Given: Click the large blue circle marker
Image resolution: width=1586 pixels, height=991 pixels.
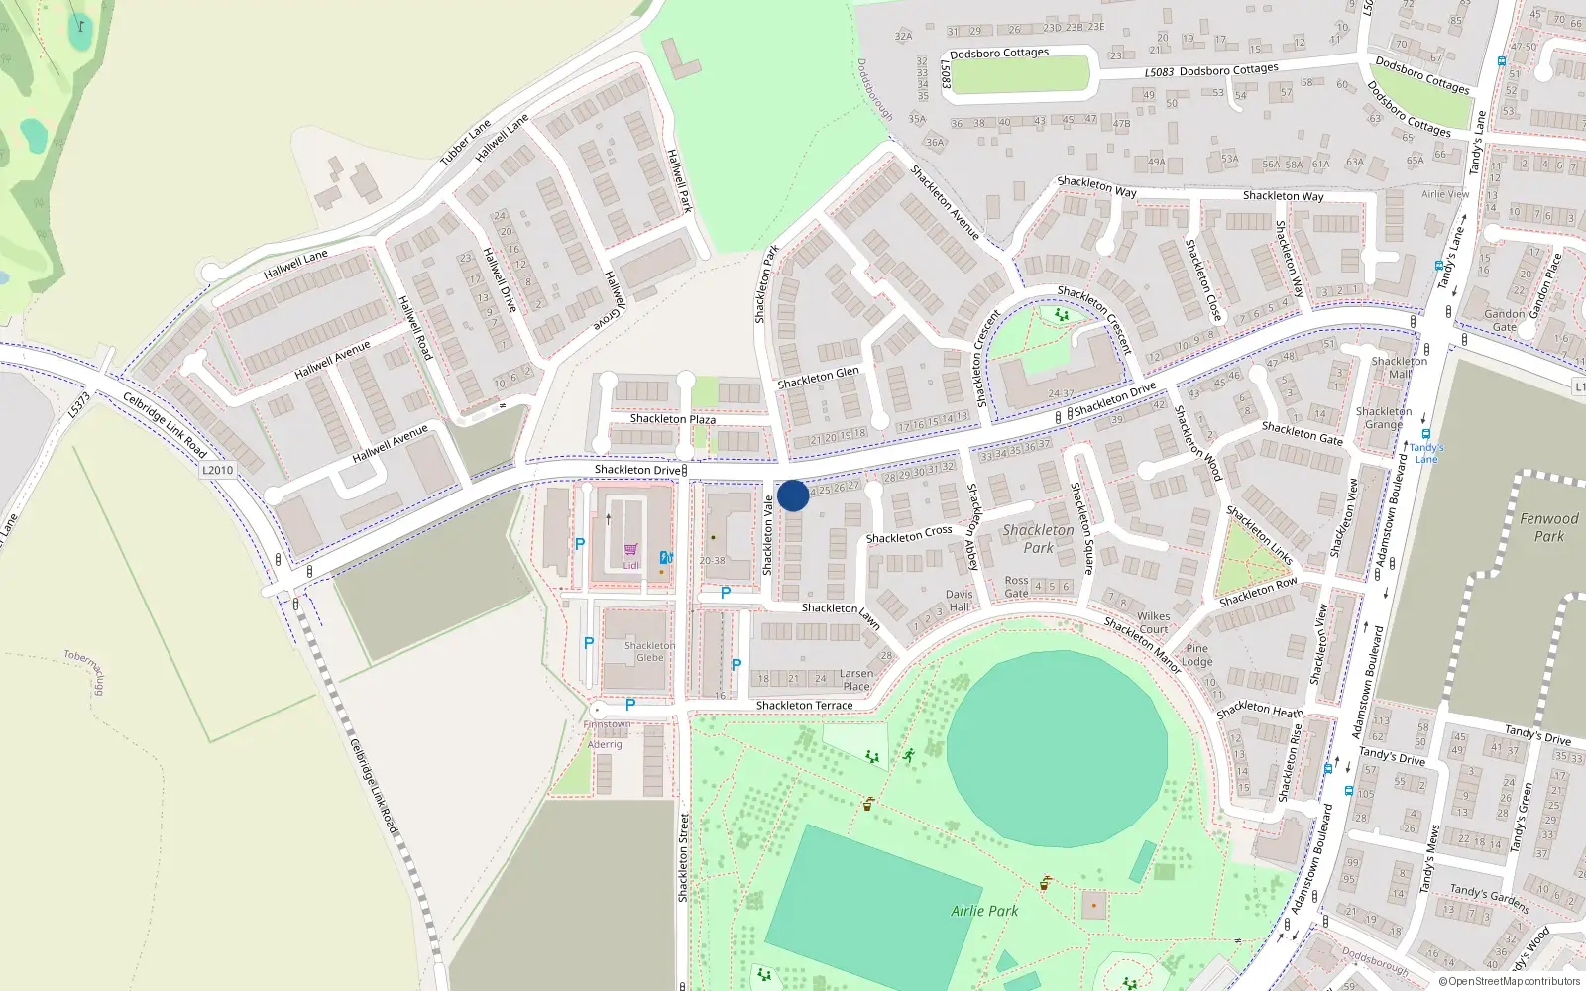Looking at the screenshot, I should click(793, 495).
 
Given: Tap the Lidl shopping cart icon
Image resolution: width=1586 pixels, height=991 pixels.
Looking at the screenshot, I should click(630, 550).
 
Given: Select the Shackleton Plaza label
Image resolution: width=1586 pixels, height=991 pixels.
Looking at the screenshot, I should click(673, 419).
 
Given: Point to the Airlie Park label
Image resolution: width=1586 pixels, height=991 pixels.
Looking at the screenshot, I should click(984, 911).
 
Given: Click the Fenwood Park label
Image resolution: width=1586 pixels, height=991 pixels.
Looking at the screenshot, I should click(1549, 527).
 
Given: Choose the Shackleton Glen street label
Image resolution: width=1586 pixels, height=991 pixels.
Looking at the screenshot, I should click(818, 378).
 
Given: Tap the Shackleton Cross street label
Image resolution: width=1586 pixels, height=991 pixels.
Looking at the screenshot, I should click(909, 535).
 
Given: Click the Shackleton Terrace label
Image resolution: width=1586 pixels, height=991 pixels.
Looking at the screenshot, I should click(804, 706).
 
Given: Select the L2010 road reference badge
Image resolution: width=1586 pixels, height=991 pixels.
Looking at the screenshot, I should click(217, 471).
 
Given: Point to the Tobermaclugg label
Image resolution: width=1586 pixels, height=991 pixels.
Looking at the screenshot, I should click(84, 672).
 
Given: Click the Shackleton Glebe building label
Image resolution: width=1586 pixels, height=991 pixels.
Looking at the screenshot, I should click(650, 651).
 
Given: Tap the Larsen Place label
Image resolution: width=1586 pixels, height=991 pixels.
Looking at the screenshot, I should click(856, 680).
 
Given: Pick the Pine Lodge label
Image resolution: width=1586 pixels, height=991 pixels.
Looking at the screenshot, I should click(1196, 655).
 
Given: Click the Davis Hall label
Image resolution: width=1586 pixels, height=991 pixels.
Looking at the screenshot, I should click(959, 601).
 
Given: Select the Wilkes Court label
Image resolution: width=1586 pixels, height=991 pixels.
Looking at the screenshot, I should click(1153, 622).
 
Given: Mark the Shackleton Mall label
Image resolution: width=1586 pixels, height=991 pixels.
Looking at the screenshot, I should click(1399, 367).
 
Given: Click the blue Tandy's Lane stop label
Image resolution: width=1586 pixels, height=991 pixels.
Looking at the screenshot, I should click(1426, 453).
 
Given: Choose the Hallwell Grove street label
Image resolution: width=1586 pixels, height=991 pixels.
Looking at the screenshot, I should click(610, 301).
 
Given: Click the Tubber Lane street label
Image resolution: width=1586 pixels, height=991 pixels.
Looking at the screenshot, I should click(465, 143).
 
